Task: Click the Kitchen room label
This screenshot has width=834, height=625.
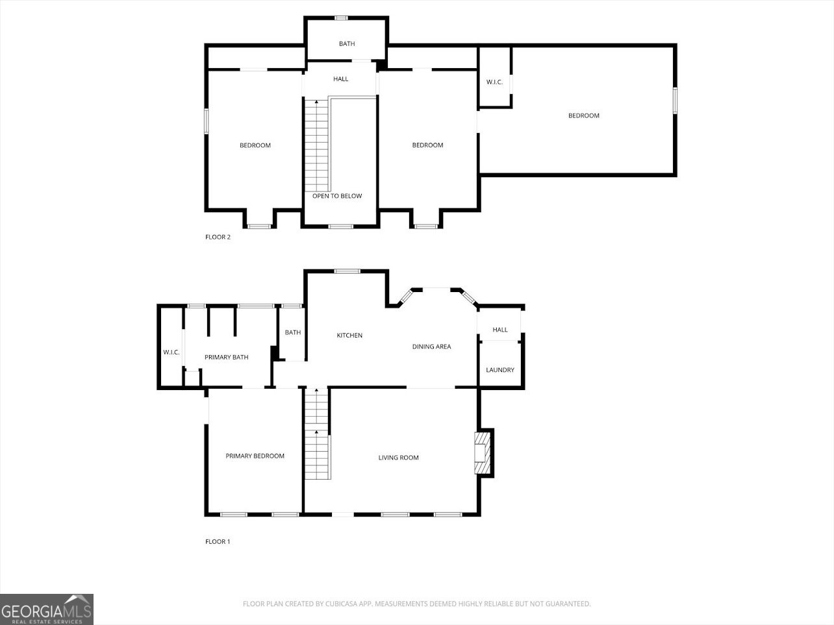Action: [x=349, y=336]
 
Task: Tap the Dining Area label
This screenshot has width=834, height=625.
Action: [x=431, y=347]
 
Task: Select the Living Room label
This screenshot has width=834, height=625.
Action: [x=398, y=458]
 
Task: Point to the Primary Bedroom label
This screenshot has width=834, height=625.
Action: [x=255, y=456]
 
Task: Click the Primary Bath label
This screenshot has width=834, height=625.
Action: [x=226, y=358]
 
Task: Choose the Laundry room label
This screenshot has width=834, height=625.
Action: [x=500, y=370]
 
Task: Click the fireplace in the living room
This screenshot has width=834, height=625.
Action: [x=482, y=452]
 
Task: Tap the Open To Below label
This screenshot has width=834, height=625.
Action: [x=337, y=196]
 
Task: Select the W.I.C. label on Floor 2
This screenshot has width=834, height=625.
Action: [x=494, y=82]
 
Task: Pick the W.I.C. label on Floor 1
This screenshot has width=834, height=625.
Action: [x=171, y=352]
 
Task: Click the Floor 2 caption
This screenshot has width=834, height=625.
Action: [x=218, y=237]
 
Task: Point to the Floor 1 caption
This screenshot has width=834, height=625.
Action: [x=218, y=541]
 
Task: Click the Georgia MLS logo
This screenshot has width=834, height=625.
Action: [x=47, y=609]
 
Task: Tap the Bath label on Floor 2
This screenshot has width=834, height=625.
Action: [x=347, y=44]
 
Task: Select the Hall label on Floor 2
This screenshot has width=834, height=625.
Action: [x=340, y=79]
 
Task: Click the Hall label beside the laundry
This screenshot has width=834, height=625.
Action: [x=500, y=330]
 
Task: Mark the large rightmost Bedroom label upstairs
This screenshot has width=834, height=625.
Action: [x=583, y=116]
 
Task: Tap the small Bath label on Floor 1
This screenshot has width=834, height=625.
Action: [x=293, y=333]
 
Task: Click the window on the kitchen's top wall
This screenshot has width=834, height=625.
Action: [x=347, y=271]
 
